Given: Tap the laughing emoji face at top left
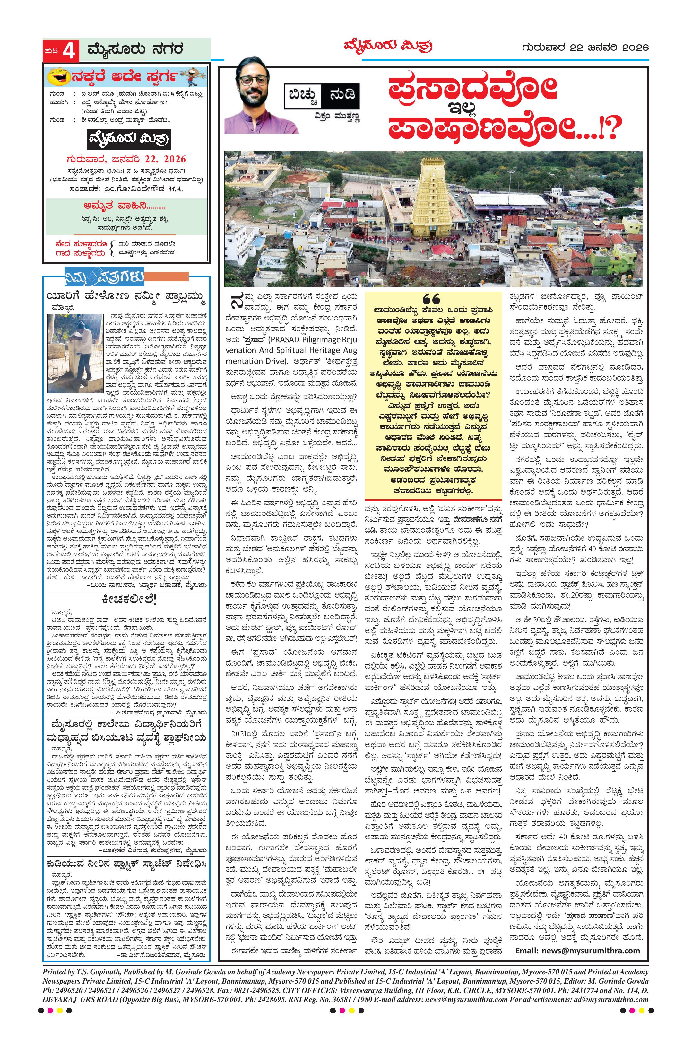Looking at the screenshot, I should (x=61, y=78).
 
